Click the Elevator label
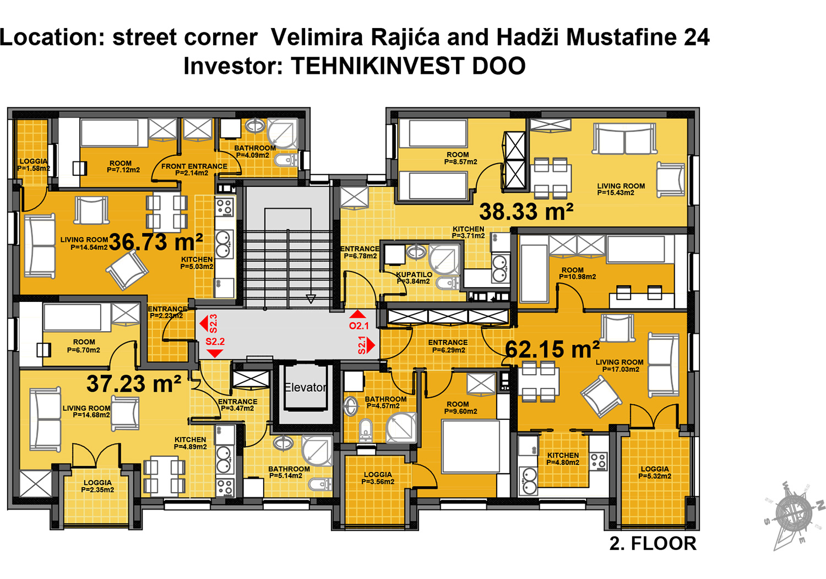click(306, 387)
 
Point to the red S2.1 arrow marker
click(366, 345)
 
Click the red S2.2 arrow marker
click(215, 347)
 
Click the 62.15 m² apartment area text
click(552, 349)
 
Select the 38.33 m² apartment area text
click(526, 212)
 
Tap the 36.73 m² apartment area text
click(156, 242)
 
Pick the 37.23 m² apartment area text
click(134, 384)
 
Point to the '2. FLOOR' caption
click(653, 544)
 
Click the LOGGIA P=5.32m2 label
click(655, 473)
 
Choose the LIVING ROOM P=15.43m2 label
click(621, 190)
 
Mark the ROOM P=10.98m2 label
click(577, 273)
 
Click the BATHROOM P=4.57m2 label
click(385, 402)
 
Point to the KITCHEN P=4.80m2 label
click(563, 459)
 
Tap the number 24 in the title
click(697, 37)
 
